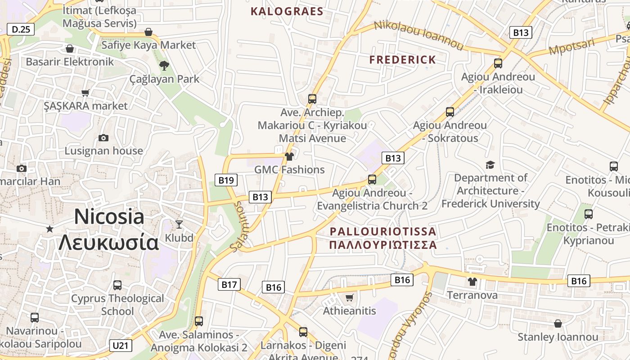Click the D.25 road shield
click(x=21, y=30)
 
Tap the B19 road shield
click(x=226, y=180)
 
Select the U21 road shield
click(x=121, y=346)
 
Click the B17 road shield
click(x=229, y=284)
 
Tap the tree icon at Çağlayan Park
click(x=164, y=66)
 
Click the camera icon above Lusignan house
click(x=103, y=138)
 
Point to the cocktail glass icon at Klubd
click(x=179, y=224)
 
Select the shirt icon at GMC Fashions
click(x=289, y=157)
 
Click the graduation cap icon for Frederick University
click(x=490, y=165)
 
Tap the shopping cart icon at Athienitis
click(x=350, y=297)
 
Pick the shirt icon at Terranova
click(x=472, y=282)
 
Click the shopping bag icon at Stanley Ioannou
click(x=558, y=324)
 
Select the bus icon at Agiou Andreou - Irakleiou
click(x=498, y=63)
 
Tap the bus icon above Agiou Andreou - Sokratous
click(x=450, y=112)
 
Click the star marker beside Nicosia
click(x=49, y=229)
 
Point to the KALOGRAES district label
click(x=287, y=12)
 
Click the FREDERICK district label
click(x=403, y=60)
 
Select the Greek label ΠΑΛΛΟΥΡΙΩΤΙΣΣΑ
click(x=383, y=245)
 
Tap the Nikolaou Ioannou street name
click(x=418, y=35)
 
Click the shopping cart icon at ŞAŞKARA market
click(x=85, y=93)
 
